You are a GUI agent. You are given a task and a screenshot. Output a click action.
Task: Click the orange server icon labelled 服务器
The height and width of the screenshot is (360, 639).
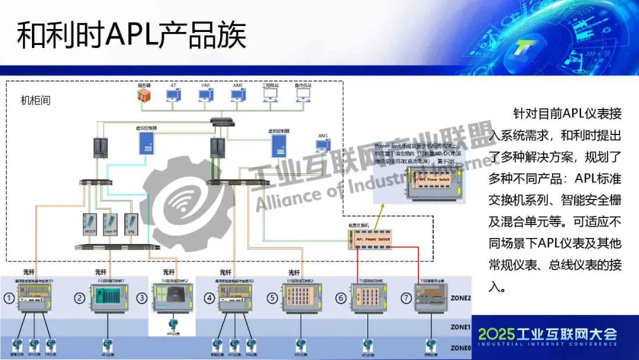[144, 97]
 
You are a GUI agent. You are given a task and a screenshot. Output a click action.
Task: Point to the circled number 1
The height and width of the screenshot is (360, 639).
[9, 299]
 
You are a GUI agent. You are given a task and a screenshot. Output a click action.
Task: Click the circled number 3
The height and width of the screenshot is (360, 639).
[142, 298]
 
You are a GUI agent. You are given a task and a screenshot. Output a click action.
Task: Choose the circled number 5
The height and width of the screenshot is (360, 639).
[272, 299]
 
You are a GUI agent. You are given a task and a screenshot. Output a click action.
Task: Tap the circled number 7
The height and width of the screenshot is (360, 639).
[405, 298]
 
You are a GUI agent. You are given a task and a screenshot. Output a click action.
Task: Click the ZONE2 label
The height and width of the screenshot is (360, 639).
[460, 298]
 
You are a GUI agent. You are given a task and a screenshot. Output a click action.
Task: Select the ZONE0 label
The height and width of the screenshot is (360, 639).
[460, 348]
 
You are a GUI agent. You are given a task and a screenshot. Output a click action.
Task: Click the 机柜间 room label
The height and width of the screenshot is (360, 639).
[36, 101]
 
